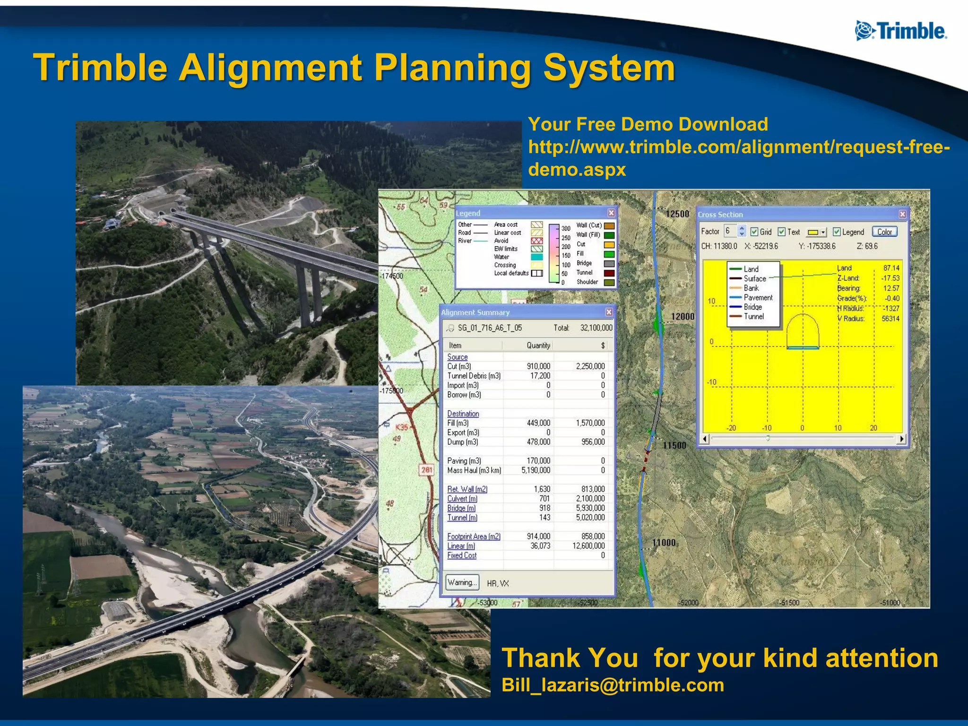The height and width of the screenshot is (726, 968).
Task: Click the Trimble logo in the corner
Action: point(901,31)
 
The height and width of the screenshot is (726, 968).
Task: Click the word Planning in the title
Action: point(452,68)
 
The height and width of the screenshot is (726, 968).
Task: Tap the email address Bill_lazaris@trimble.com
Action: point(613,685)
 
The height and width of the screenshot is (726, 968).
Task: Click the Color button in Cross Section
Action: point(884,232)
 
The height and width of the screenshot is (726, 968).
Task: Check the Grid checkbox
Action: point(754,232)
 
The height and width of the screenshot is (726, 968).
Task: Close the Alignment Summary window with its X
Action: point(609,312)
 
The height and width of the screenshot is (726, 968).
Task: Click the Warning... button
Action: point(462,582)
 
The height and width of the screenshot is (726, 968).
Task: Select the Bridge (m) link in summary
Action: point(461,508)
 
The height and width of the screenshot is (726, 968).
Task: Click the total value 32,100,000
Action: point(596,328)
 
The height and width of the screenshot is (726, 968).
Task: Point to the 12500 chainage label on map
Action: point(677,214)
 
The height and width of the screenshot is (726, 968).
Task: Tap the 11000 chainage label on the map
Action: point(664,543)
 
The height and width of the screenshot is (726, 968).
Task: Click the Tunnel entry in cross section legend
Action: point(753,317)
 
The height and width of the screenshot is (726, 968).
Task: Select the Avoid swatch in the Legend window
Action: point(536,241)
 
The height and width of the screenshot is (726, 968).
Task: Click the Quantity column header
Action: point(538,346)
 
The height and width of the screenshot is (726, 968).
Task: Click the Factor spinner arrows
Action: point(742,231)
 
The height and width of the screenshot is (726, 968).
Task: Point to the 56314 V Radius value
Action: point(890,319)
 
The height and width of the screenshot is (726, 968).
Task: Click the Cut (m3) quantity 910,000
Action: point(538,366)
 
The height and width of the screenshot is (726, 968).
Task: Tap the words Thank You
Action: point(570,658)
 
